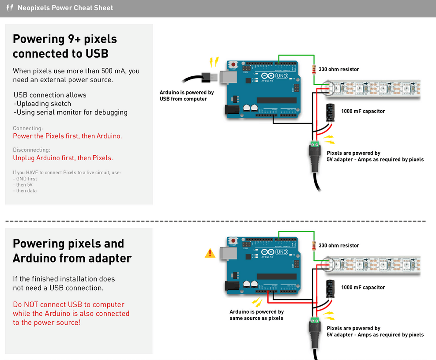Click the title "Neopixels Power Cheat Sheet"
(65, 8)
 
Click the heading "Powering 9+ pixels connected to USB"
(65, 46)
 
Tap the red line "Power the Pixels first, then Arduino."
(67, 136)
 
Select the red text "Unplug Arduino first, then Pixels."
(63, 157)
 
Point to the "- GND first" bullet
(25, 179)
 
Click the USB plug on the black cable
(210, 76)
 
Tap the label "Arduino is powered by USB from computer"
(187, 96)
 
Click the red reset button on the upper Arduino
(233, 64)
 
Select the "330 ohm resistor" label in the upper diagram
(338, 69)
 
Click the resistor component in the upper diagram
(314, 69)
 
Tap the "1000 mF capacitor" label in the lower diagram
(363, 287)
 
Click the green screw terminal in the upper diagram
(315, 144)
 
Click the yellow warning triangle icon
(210, 253)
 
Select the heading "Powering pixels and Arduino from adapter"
(72, 251)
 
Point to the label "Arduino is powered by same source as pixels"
(256, 315)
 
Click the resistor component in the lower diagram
(314, 246)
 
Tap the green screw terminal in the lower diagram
(315, 320)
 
